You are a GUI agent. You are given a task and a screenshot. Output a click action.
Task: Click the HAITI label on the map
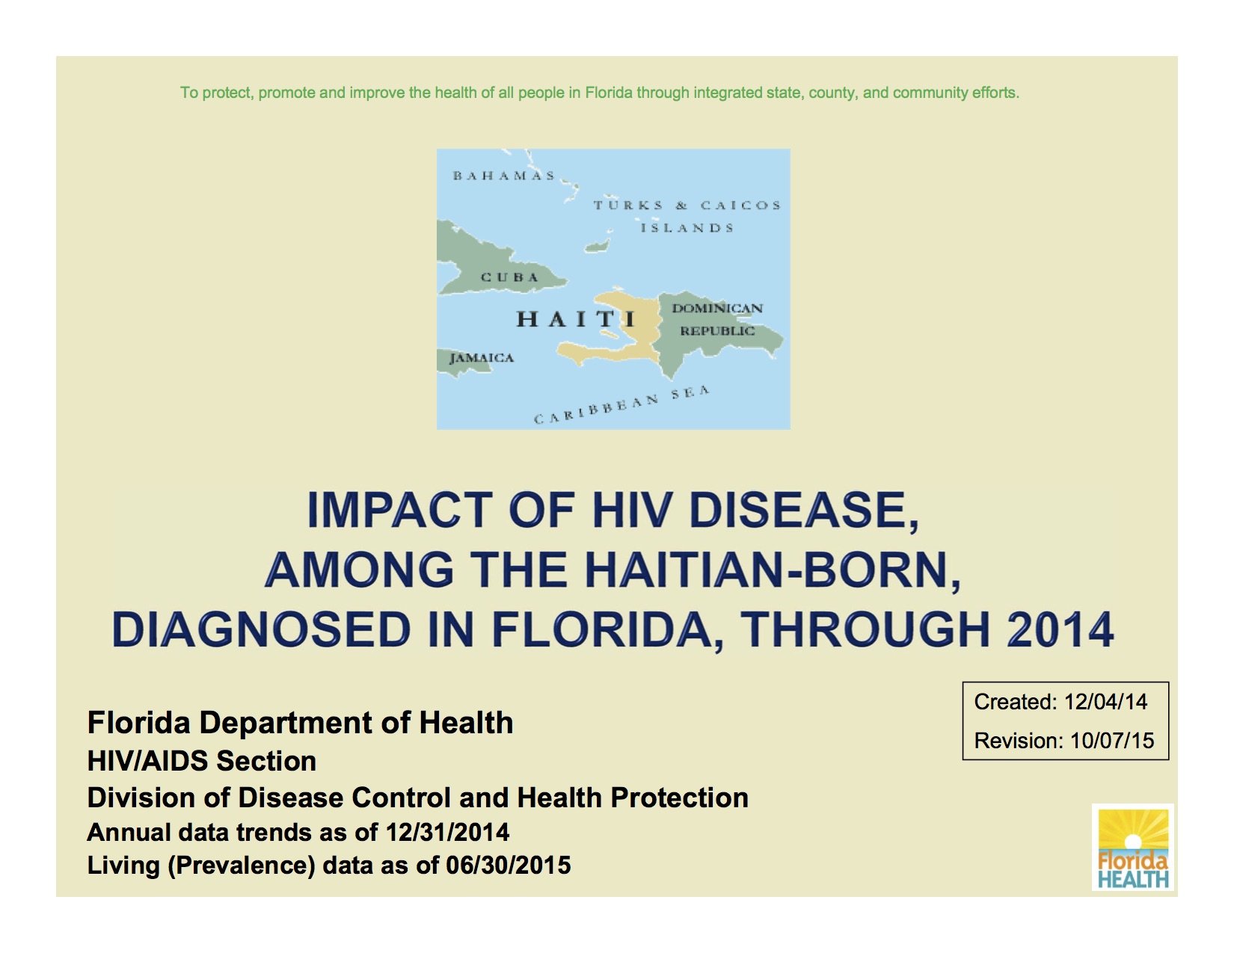(x=576, y=319)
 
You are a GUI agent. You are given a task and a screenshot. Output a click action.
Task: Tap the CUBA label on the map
(x=509, y=277)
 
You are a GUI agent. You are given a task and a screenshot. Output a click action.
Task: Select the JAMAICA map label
(x=482, y=357)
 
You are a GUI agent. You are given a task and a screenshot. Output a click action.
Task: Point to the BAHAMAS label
(x=504, y=176)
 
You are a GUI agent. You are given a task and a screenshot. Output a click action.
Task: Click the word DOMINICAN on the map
(x=717, y=308)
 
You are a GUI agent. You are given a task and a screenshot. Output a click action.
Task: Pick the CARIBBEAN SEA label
(x=621, y=404)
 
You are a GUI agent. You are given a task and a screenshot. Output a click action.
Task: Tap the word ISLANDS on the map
(x=687, y=228)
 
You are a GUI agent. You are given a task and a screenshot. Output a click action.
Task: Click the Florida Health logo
(x=1132, y=846)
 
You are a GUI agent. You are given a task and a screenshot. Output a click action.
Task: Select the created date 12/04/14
(x=1105, y=702)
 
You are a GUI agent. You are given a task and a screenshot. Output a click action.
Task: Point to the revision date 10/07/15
(x=1112, y=740)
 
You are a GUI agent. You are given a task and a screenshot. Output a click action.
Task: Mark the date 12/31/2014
(x=447, y=832)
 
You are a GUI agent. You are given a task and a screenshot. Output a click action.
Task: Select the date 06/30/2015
(x=509, y=865)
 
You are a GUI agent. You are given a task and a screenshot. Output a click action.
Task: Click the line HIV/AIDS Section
(x=202, y=761)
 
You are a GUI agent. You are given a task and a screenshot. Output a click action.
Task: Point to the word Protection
(x=679, y=798)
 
